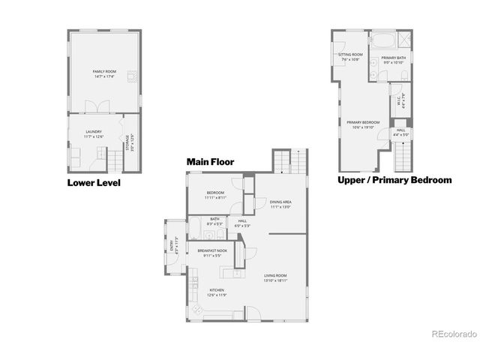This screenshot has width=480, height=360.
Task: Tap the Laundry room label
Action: [x=94, y=133]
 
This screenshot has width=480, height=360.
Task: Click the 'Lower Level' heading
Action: [x=94, y=182]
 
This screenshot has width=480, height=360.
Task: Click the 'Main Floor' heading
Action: [x=211, y=161]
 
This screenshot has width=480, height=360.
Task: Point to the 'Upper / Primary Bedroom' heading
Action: [x=394, y=180]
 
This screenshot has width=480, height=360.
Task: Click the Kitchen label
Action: [x=217, y=292]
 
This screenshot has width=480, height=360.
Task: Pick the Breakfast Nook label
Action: [x=212, y=253]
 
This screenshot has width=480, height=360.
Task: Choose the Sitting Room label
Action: [x=350, y=56]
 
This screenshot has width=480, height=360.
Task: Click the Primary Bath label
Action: [x=394, y=60]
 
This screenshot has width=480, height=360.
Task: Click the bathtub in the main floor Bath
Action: [x=194, y=229]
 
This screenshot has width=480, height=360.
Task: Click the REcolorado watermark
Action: [x=450, y=334]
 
